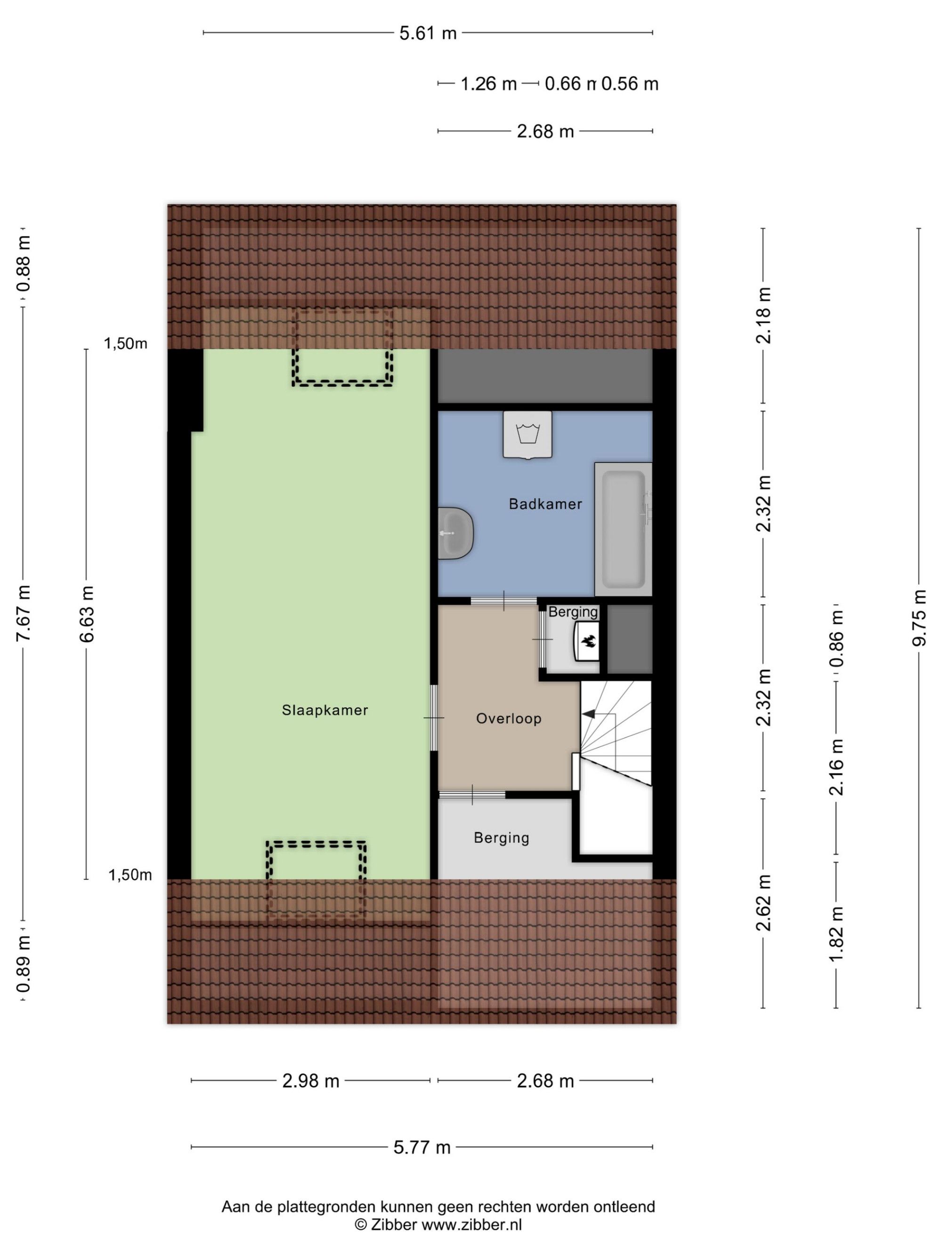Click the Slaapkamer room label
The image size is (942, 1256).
(325, 710)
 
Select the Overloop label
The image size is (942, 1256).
(508, 718)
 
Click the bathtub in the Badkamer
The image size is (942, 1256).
(623, 529)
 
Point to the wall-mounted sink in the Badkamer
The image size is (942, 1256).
(455, 533)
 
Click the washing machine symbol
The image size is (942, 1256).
(527, 434)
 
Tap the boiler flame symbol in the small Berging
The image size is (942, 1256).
(587, 641)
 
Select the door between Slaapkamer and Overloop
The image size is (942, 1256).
(434, 718)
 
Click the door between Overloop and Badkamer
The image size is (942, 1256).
(503, 601)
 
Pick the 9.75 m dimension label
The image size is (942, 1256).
(919, 618)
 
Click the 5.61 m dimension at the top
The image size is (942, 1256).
(428, 33)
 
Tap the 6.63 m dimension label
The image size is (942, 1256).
(86, 614)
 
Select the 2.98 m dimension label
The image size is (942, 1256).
(310, 1080)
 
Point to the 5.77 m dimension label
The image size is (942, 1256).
(422, 1147)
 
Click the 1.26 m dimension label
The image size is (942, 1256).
(488, 84)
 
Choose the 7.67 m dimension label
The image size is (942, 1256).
(23, 613)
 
